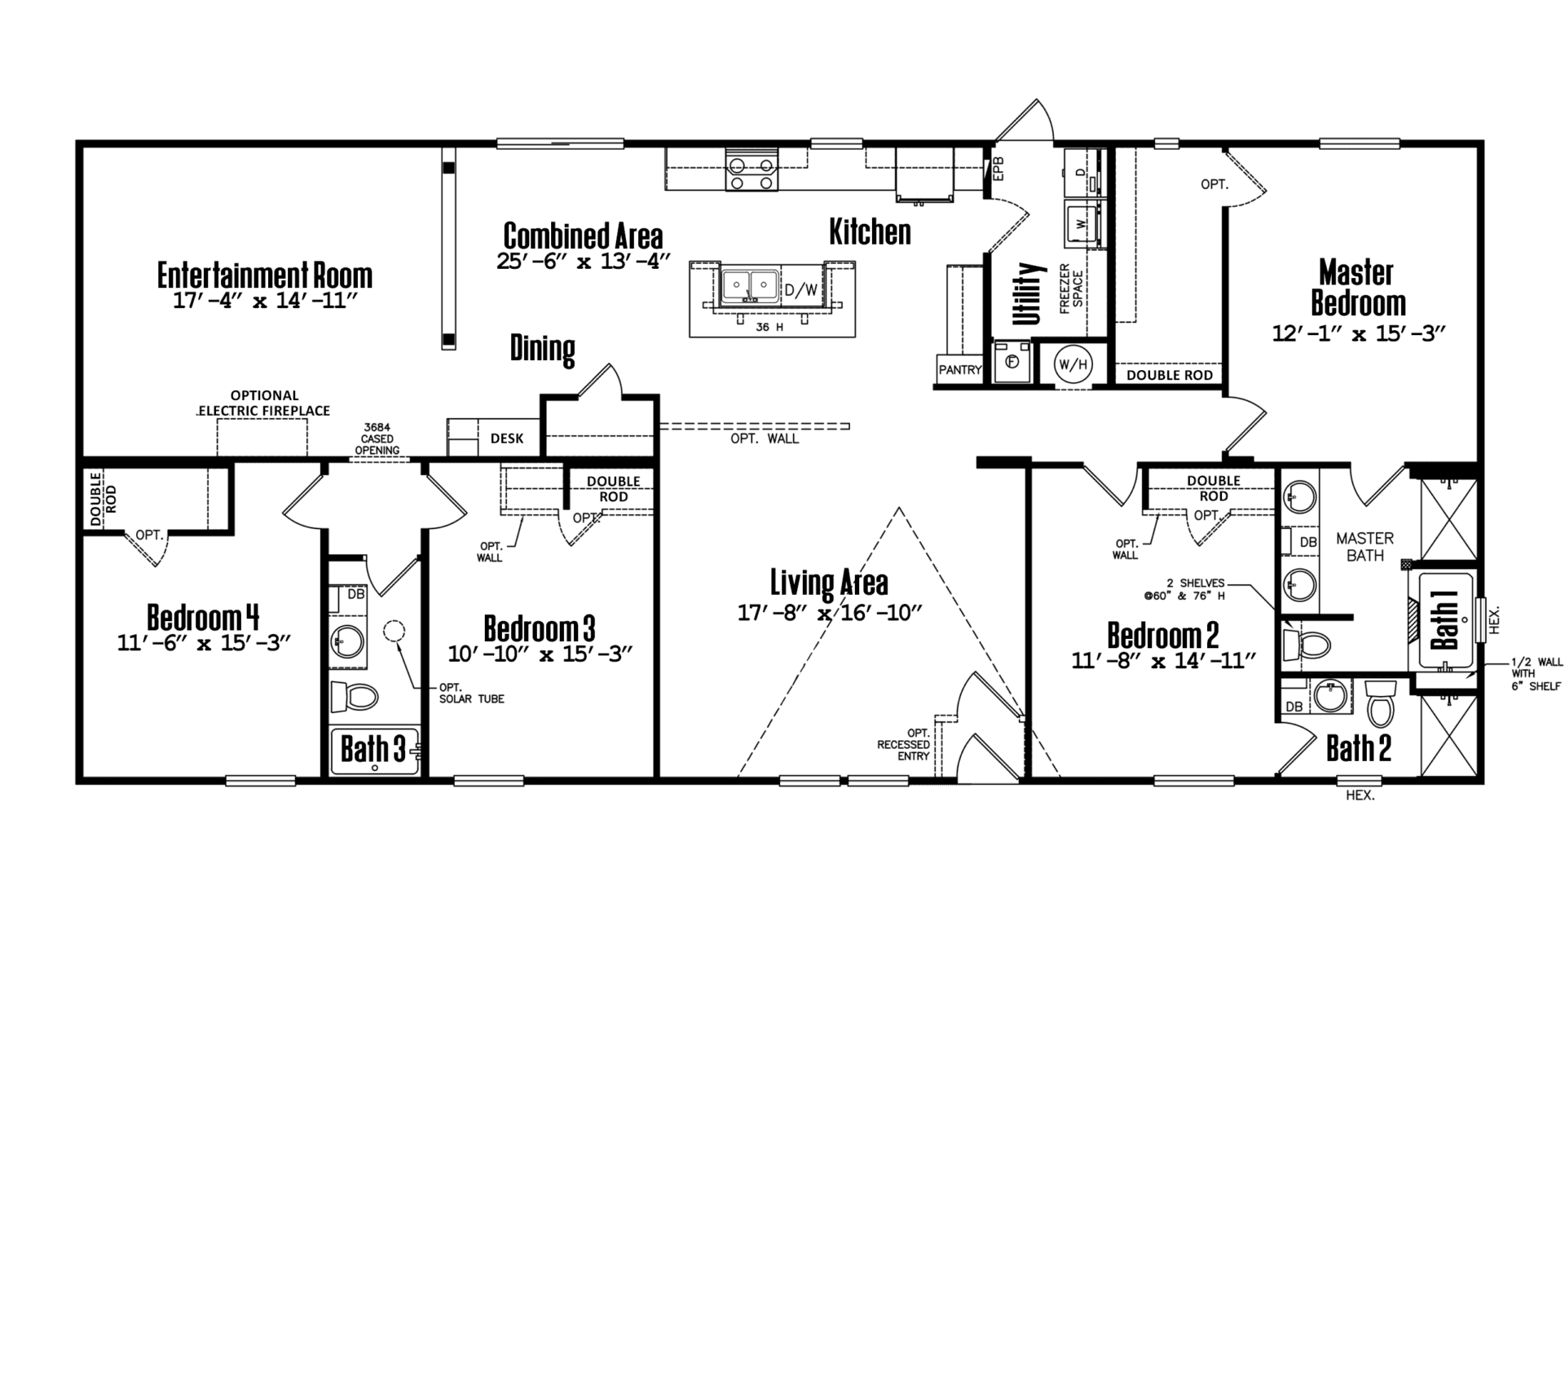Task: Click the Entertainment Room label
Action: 265,275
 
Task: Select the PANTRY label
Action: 959,370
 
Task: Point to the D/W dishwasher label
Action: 800,289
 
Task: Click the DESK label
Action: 507,438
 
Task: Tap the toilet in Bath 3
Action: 355,697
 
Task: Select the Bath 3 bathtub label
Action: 373,749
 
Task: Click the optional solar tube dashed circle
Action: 395,632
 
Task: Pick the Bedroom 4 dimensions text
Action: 204,643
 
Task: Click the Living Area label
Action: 829,583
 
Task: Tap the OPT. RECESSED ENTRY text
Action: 903,744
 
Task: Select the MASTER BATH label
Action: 1364,547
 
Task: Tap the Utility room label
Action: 1030,293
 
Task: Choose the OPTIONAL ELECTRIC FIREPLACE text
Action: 264,403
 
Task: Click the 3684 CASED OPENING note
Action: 377,438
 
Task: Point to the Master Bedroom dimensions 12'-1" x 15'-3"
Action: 1359,333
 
